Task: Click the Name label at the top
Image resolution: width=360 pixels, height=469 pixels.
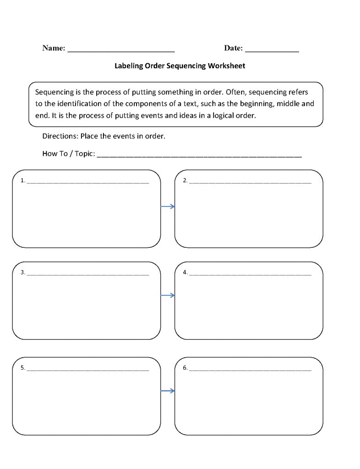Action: [54, 48]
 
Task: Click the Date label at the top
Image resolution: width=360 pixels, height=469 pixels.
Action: [234, 48]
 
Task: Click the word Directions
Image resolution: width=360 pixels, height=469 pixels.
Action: [60, 136]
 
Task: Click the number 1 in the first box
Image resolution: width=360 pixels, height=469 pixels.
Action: [22, 180]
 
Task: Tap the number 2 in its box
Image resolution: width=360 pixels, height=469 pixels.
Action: [185, 180]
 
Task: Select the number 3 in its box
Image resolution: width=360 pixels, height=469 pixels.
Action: [22, 273]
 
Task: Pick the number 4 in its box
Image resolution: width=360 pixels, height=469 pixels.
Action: [185, 273]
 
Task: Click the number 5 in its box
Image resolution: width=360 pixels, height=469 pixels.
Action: [22, 368]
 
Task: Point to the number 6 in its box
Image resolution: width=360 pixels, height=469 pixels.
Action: [185, 368]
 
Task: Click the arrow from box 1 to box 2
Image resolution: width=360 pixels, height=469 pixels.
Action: [168, 207]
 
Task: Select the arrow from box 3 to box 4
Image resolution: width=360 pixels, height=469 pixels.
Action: [168, 295]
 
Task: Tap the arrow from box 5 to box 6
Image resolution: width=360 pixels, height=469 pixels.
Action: [168, 391]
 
